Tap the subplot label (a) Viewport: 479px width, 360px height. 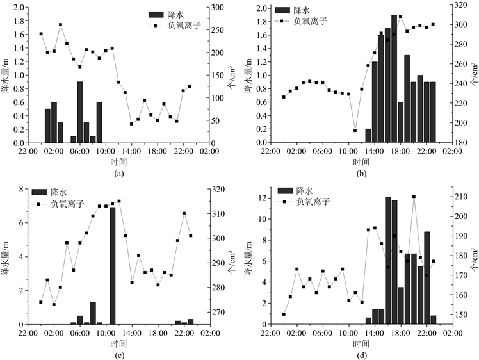pos(118,173)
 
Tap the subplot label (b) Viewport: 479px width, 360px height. pos(362,173)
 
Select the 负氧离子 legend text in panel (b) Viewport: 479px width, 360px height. pos(310,21)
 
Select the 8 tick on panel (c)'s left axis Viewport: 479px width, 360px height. pos(20,189)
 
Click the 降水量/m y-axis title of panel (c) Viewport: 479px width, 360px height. pos(7,256)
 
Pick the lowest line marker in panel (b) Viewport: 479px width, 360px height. pos(355,130)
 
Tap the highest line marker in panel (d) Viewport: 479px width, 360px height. pos(414,197)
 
